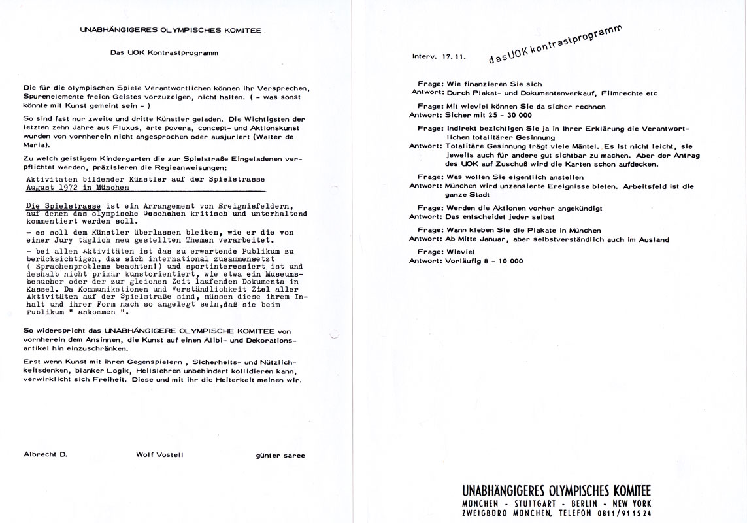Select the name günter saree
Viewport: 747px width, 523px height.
(x=280, y=455)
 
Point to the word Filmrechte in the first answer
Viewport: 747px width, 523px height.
(x=620, y=93)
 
